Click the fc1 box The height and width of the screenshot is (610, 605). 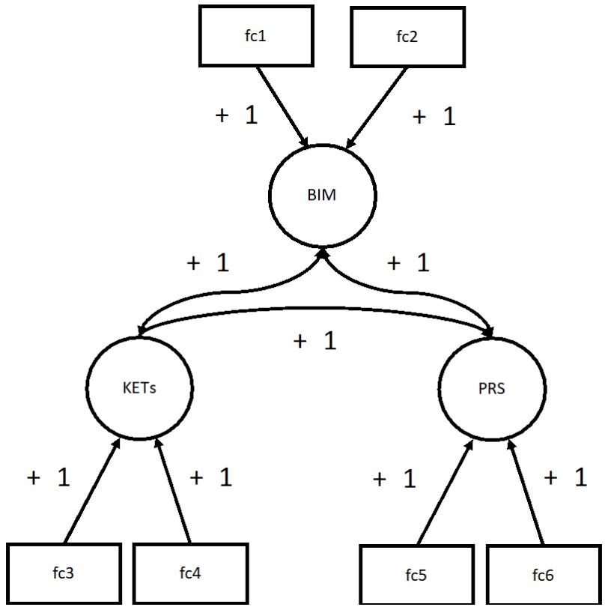pyautogui.click(x=255, y=35)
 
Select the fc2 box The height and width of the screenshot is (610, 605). pyautogui.click(x=408, y=35)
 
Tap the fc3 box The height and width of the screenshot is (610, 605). pyautogui.click(x=64, y=574)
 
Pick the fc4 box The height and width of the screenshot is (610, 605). pyautogui.click(x=189, y=574)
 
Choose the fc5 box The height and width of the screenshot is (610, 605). pyautogui.click(x=417, y=576)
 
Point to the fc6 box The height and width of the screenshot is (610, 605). pyautogui.click(x=543, y=576)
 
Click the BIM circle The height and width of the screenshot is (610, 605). pyautogui.click(x=322, y=196)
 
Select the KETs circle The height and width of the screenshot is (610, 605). pyautogui.click(x=139, y=388)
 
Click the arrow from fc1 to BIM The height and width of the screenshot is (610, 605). pyautogui.click(x=282, y=105)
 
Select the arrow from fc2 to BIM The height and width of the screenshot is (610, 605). pyautogui.click(x=377, y=105)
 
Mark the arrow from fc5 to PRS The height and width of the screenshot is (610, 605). pyautogui.click(x=444, y=492)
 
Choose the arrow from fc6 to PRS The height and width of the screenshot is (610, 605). pyautogui.click(x=528, y=492)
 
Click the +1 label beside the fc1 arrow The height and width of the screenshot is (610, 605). pyautogui.click(x=236, y=115)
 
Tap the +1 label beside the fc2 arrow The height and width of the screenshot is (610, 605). pyautogui.click(x=434, y=117)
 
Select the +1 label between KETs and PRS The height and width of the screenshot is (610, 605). pyautogui.click(x=315, y=341)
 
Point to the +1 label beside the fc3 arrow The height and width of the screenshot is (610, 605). pyautogui.click(x=49, y=478)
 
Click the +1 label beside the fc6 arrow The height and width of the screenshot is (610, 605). pyautogui.click(x=565, y=478)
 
